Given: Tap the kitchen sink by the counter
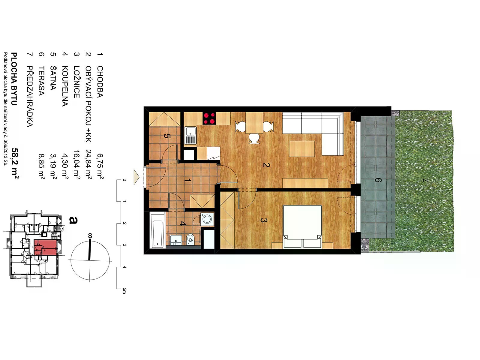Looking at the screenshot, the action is (190, 136).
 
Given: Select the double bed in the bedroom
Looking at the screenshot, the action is (302, 227).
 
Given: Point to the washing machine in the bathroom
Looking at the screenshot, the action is (207, 219).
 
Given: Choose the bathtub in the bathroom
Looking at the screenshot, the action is (157, 230).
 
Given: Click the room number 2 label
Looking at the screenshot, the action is (266, 165).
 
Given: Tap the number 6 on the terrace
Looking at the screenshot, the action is (378, 180).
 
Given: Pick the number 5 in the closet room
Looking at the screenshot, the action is (166, 136).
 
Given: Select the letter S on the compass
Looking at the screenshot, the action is (90, 236).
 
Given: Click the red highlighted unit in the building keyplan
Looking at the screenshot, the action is (46, 247).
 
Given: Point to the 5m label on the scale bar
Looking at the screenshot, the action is (124, 291).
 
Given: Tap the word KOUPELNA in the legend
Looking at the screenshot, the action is (65, 86).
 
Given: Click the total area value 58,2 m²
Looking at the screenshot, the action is (15, 163).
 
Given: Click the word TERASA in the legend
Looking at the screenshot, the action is (41, 81).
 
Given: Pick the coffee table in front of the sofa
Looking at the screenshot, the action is (302, 148).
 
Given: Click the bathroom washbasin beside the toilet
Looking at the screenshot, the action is (176, 240).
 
